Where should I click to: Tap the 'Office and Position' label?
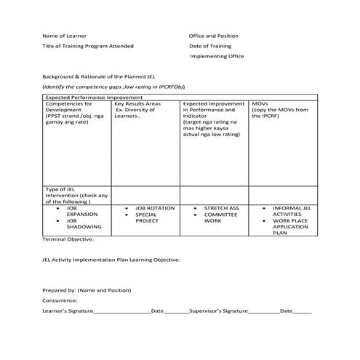[x=213, y=35]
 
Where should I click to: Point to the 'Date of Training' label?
[x=210, y=46]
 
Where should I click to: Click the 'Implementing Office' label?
[x=217, y=56]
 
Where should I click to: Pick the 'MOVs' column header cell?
[x=260, y=104]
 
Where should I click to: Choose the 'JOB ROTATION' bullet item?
[x=155, y=208]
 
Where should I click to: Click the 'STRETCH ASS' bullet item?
[x=221, y=208]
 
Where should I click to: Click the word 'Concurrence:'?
[x=60, y=300]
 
